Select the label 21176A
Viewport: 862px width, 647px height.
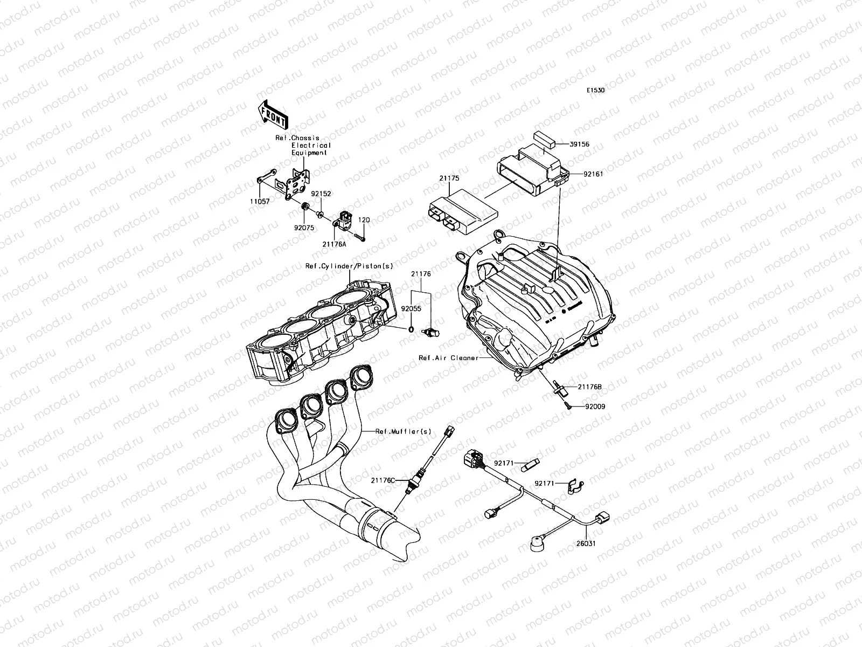pos(335,244)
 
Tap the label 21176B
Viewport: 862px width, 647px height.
pos(590,387)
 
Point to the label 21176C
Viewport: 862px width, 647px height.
pos(383,479)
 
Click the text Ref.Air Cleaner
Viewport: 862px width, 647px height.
pos(448,357)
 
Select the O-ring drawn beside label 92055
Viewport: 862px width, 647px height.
pos(411,329)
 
